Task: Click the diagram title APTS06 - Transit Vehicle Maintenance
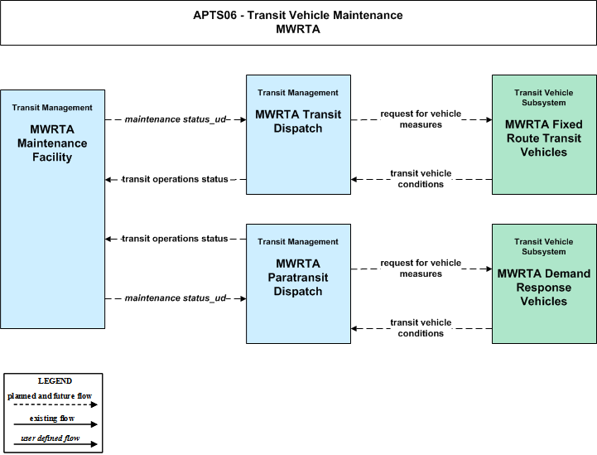(298, 15)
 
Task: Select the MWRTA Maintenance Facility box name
(52, 143)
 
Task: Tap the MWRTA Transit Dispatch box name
(298, 122)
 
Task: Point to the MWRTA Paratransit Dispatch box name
(298, 278)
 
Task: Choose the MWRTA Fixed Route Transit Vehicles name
(544, 138)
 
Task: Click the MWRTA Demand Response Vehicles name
(544, 288)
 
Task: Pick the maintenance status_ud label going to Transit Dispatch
(176, 119)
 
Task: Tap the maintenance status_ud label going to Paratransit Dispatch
(176, 298)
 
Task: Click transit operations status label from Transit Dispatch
(175, 179)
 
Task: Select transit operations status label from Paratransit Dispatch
(175, 239)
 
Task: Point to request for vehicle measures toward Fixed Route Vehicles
(421, 119)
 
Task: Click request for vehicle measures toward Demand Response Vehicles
(421, 269)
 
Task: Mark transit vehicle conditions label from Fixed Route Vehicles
(421, 179)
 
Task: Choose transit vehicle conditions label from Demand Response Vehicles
(421, 327)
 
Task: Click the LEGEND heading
(55, 381)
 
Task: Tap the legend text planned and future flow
(50, 396)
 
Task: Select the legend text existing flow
(52, 419)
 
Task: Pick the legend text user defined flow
(51, 438)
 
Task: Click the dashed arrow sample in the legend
(55, 404)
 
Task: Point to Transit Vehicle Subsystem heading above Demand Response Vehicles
(544, 246)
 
